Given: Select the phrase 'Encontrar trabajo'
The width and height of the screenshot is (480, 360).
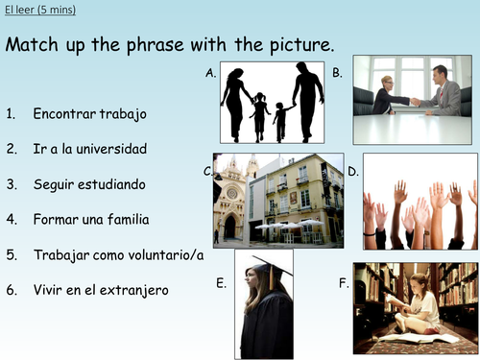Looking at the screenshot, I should point(89,114).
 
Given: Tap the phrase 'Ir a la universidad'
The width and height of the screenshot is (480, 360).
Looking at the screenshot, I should point(89,149).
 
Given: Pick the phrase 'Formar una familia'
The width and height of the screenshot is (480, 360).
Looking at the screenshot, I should point(90,220).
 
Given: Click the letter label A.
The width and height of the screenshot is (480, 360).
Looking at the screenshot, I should point(210,73).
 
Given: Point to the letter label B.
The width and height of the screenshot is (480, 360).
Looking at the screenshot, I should point(338,73).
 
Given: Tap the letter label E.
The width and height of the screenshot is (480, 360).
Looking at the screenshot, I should point(222,282).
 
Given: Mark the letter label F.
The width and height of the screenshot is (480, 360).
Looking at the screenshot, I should point(343,282).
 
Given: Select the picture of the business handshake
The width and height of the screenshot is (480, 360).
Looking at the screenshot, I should point(414,99).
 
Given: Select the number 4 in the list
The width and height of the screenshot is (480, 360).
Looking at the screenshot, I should point(11,220).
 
